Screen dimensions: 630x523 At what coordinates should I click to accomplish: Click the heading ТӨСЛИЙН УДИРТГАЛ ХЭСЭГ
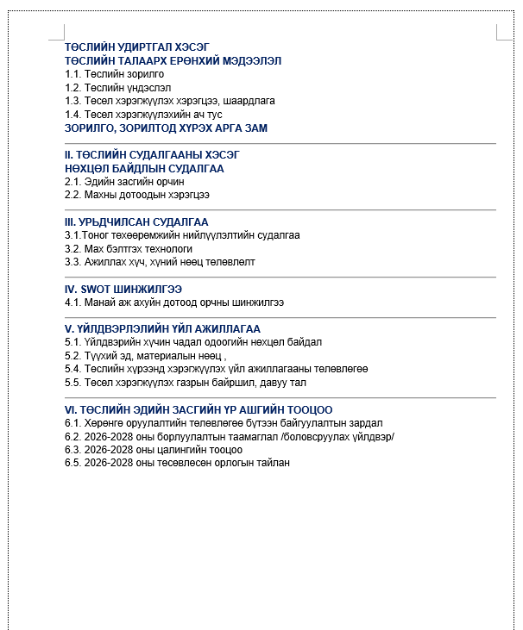pyautogui.click(x=137, y=47)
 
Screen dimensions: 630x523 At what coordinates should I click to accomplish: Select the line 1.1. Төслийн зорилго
pyautogui.click(x=114, y=74)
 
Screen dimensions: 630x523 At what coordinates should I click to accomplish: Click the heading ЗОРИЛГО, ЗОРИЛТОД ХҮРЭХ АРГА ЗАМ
pyautogui.click(x=166, y=128)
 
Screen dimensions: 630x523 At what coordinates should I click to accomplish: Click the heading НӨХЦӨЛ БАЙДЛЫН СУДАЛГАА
pyautogui.click(x=144, y=168)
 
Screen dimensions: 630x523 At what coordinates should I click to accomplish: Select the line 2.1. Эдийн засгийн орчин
pyautogui.click(x=124, y=182)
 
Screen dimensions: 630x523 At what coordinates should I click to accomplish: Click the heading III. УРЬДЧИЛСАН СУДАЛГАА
pyautogui.click(x=136, y=221)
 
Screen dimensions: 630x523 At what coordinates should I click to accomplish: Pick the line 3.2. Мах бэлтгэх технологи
pyautogui.click(x=123, y=248)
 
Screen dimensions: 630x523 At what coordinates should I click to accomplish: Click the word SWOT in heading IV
pyautogui.click(x=93, y=289)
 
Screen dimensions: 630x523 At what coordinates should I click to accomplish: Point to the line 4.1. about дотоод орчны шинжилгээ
pyautogui.click(x=174, y=303)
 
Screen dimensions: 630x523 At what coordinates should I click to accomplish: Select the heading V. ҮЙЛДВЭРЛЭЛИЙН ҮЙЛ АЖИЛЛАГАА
pyautogui.click(x=162, y=328)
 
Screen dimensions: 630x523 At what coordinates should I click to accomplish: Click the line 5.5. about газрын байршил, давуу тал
pyautogui.click(x=179, y=382)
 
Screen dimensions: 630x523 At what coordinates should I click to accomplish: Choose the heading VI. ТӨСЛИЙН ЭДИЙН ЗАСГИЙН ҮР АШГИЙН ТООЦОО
pyautogui.click(x=198, y=409)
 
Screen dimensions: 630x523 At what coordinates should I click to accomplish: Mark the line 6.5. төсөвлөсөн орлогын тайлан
pyautogui.click(x=177, y=463)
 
